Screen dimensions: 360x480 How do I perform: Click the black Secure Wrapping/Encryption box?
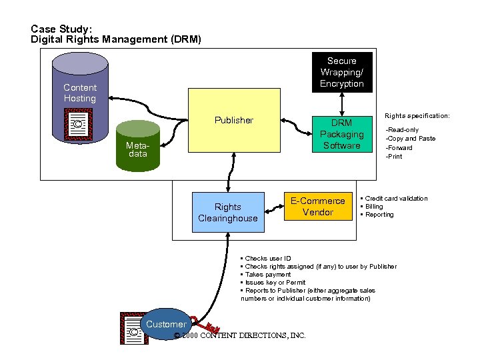click(x=341, y=72)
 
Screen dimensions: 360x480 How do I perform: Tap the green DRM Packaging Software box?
click(x=341, y=134)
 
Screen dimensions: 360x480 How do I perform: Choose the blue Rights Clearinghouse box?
click(x=227, y=212)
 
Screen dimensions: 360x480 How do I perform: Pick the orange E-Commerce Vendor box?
click(x=318, y=206)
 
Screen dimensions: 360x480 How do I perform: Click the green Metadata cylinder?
click(x=138, y=149)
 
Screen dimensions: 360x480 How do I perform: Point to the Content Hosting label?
click(x=80, y=93)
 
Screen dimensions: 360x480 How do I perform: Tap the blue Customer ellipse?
click(x=166, y=325)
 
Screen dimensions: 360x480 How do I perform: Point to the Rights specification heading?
click(x=417, y=116)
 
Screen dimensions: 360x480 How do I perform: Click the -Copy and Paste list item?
click(x=411, y=139)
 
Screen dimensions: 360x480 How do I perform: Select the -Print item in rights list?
click(x=394, y=157)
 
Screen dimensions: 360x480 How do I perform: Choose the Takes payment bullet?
click(x=267, y=274)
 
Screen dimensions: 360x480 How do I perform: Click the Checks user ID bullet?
click(x=267, y=258)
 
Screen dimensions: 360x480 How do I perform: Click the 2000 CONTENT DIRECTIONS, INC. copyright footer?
click(x=239, y=335)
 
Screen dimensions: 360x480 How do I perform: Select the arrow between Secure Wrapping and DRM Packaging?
click(x=341, y=103)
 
